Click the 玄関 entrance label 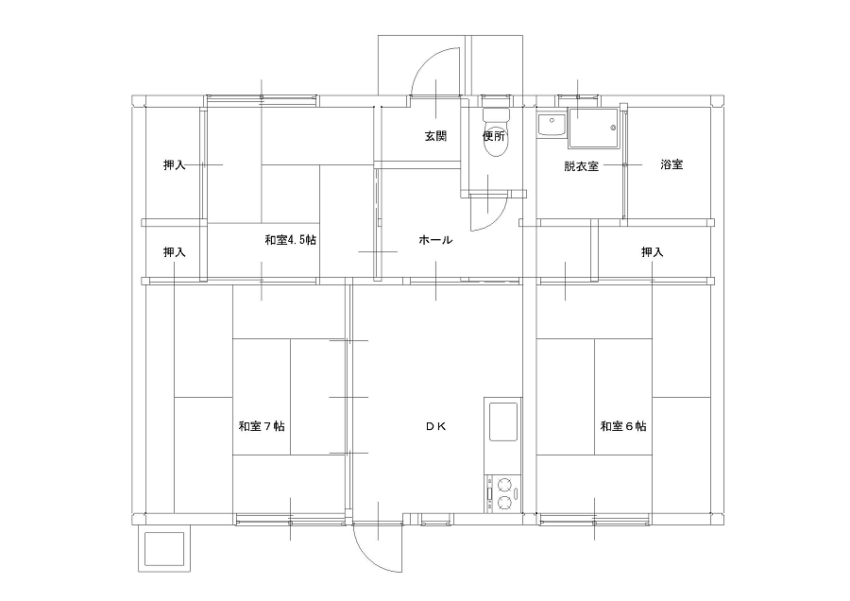coord(435,136)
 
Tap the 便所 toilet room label coord(494,136)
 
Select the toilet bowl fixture coord(495,133)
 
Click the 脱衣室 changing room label coord(581,166)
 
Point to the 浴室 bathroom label coord(671,164)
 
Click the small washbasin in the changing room coord(552,126)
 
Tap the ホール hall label coord(435,240)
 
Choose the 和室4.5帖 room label coord(291,240)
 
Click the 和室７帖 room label coord(262,426)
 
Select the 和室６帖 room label coord(623,426)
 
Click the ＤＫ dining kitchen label coord(435,426)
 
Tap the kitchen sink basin coord(503,421)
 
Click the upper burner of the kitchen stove coord(505,483)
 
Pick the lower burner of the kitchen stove coord(505,503)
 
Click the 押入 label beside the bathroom coord(652,252)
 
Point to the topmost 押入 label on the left coord(175,164)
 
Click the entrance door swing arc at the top coord(423,60)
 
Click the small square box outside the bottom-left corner coord(164,549)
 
